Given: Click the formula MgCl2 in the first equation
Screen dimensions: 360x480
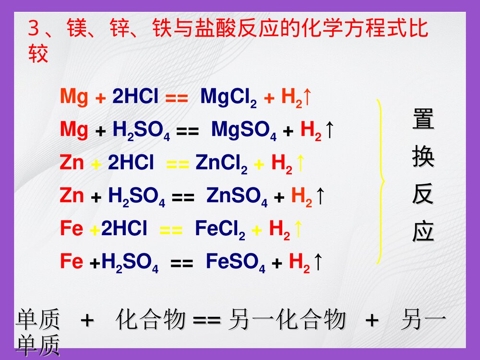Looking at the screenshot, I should click(228, 97).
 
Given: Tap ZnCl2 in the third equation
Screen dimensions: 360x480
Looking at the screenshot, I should click(221, 164).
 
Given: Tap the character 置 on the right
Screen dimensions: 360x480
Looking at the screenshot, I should click(423, 120).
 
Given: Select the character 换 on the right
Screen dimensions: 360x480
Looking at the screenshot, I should click(423, 158).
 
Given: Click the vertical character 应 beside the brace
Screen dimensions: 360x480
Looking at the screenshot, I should click(423, 232).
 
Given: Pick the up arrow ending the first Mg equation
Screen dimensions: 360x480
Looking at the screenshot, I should click(308, 97).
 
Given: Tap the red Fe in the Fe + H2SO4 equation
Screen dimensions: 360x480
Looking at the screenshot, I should click(72, 262).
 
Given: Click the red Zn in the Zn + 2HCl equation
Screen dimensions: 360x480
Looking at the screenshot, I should click(72, 164).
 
